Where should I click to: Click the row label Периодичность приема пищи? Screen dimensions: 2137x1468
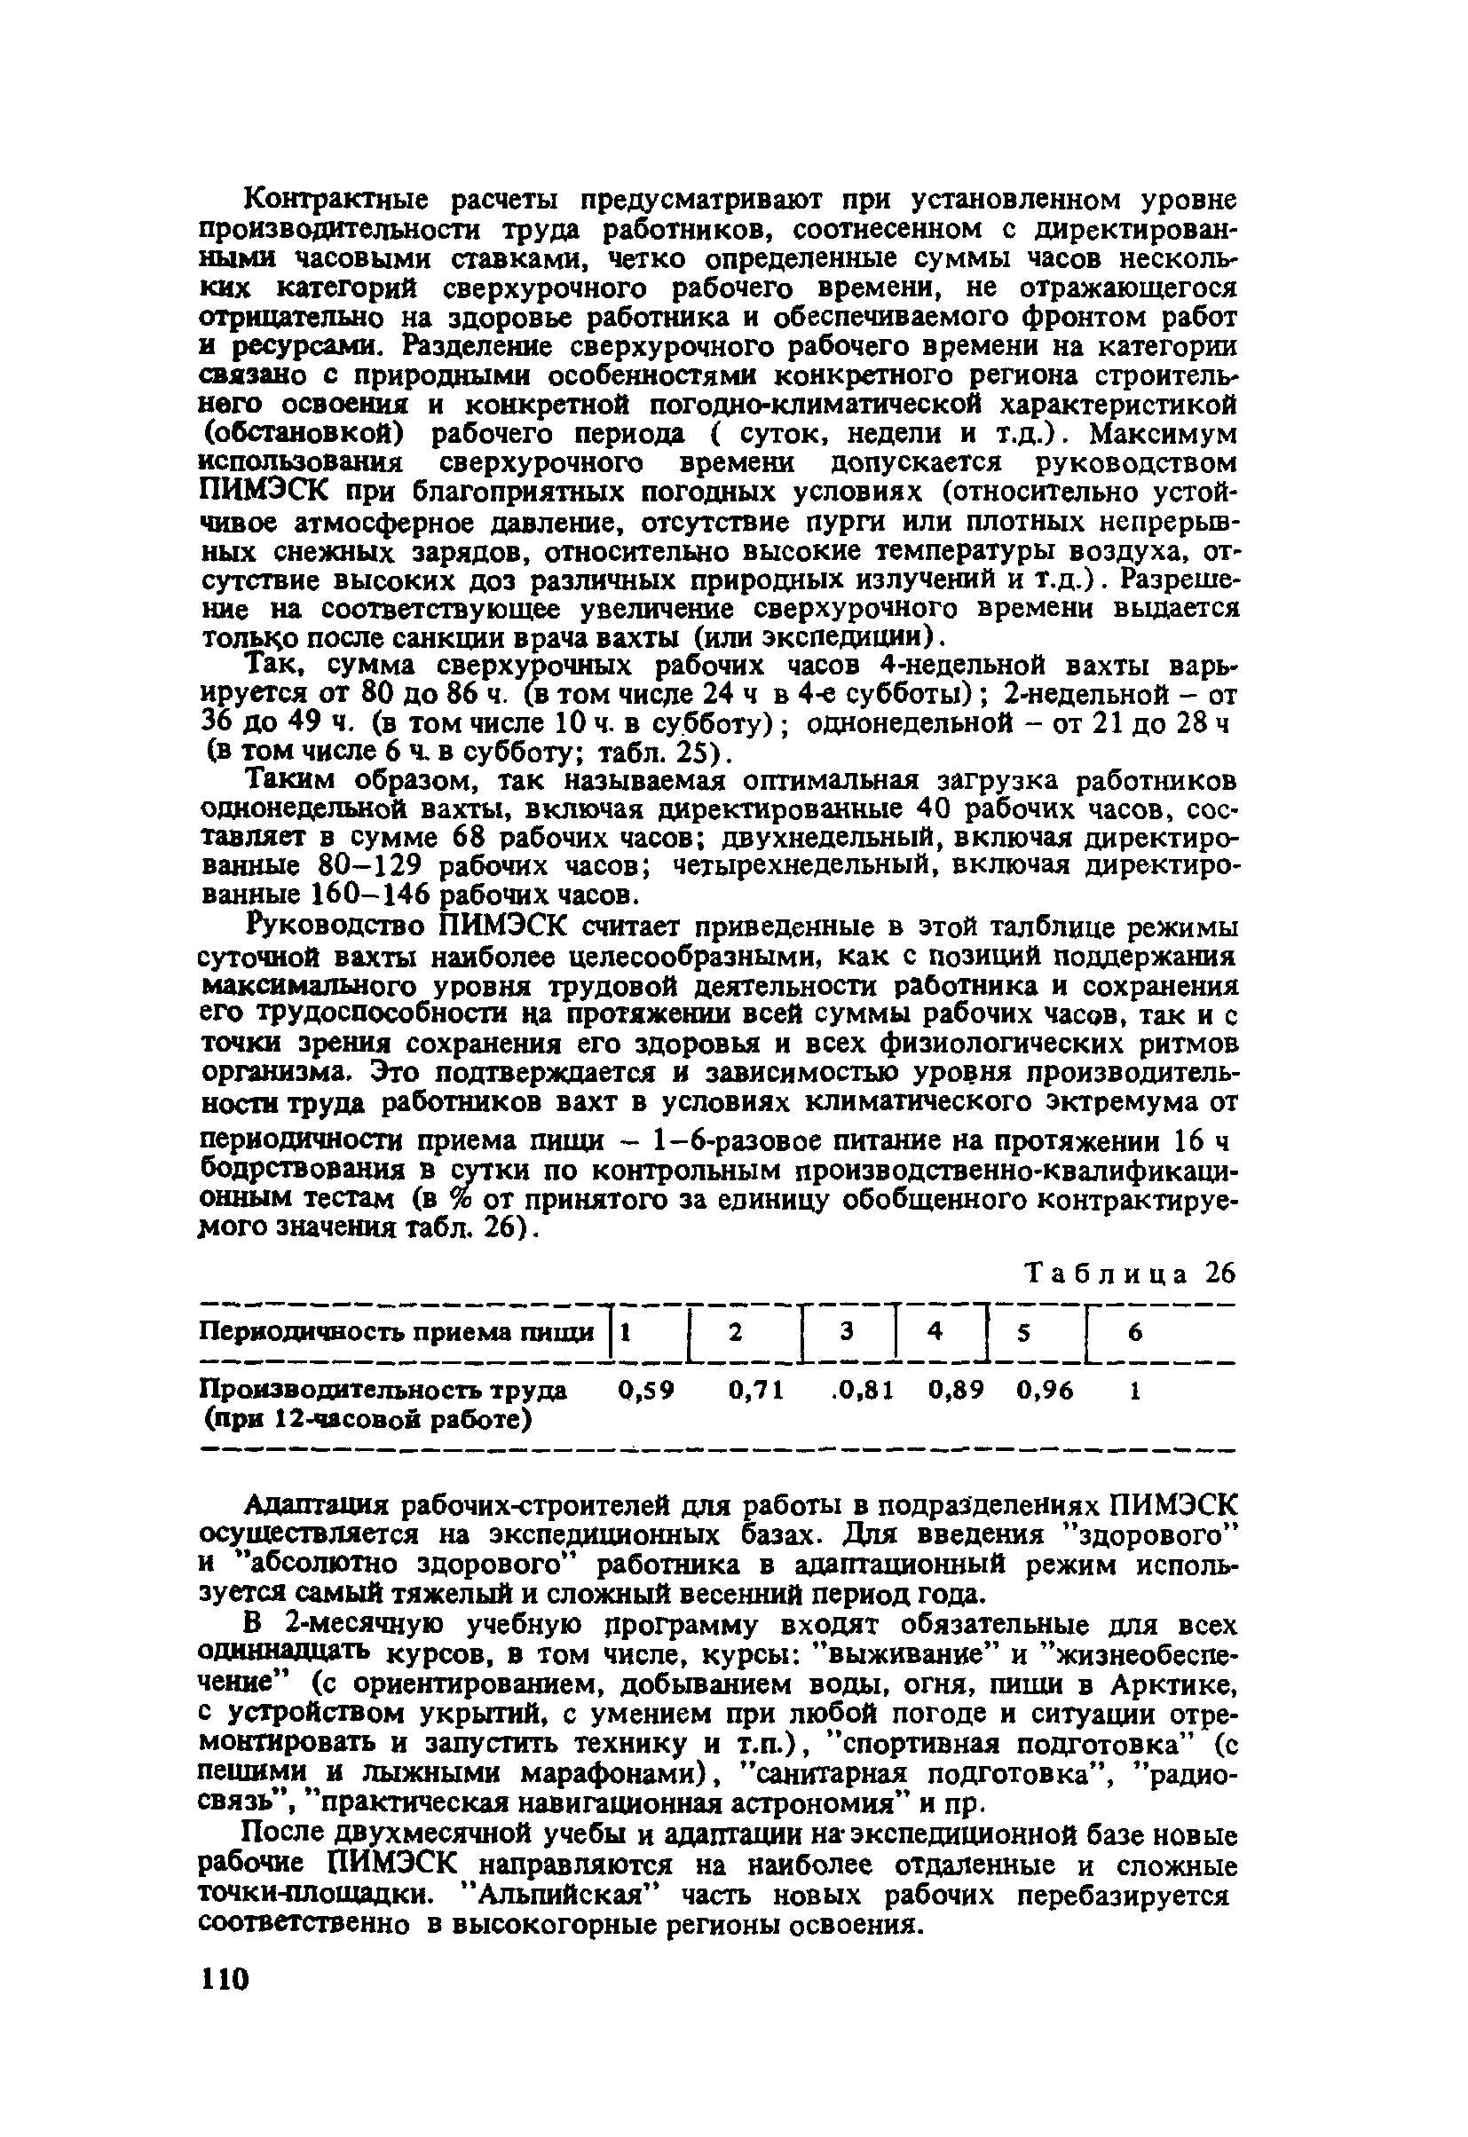pyautogui.click(x=398, y=1332)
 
